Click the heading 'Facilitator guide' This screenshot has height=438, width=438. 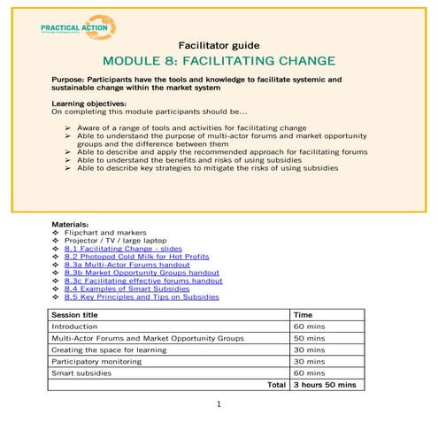pyautogui.click(x=219, y=43)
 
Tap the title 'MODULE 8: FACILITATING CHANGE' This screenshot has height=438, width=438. pyautogui.click(x=219, y=61)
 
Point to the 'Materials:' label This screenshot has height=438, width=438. pyautogui.click(x=71, y=225)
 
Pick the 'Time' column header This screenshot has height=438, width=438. pyautogui.click(x=303, y=314)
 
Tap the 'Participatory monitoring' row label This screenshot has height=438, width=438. pyautogui.click(x=95, y=361)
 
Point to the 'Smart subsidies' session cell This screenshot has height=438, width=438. pyautogui.click(x=79, y=373)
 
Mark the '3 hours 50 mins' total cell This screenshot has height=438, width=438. pyautogui.click(x=324, y=385)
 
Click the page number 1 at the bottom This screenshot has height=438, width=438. pyautogui.click(x=219, y=404)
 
